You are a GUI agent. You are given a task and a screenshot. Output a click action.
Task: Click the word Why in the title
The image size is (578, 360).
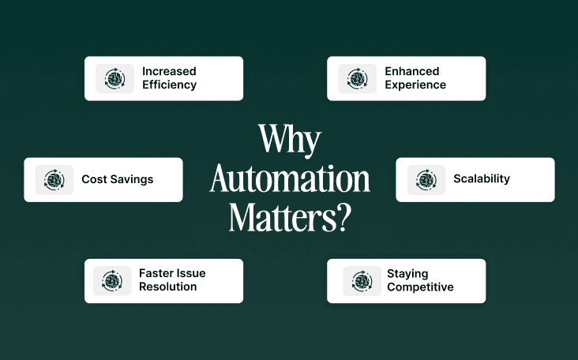point(289,141)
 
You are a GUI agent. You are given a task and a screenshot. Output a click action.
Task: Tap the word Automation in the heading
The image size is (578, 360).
point(289,179)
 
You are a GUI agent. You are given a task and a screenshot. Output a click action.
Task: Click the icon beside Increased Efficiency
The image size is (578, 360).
point(115,78)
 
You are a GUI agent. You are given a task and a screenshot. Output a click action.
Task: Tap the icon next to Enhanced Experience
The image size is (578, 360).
point(358,78)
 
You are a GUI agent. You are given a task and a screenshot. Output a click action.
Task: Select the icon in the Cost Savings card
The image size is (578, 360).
point(54,180)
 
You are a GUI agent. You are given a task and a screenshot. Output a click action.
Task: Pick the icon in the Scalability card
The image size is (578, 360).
point(426,180)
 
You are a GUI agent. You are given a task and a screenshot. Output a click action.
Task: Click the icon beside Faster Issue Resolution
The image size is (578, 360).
point(112,280)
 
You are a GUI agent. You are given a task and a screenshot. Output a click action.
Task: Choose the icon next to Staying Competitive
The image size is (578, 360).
point(362,281)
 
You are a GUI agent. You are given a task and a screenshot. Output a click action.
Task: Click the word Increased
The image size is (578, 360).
point(169,71)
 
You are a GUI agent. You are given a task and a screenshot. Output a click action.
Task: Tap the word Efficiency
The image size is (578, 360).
point(169,84)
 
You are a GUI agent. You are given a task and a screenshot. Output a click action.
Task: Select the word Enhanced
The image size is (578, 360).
point(411,71)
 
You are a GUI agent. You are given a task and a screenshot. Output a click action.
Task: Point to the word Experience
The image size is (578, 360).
point(415,84)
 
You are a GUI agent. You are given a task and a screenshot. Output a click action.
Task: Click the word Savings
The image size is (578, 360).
point(133,179)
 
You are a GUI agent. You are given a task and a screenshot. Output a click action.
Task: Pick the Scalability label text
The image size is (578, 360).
point(482,179)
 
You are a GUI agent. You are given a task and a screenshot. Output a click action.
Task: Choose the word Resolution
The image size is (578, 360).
point(167,287)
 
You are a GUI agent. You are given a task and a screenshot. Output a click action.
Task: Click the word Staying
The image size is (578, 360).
point(407,274)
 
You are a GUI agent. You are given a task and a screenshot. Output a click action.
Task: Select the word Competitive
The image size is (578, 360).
point(420,287)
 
